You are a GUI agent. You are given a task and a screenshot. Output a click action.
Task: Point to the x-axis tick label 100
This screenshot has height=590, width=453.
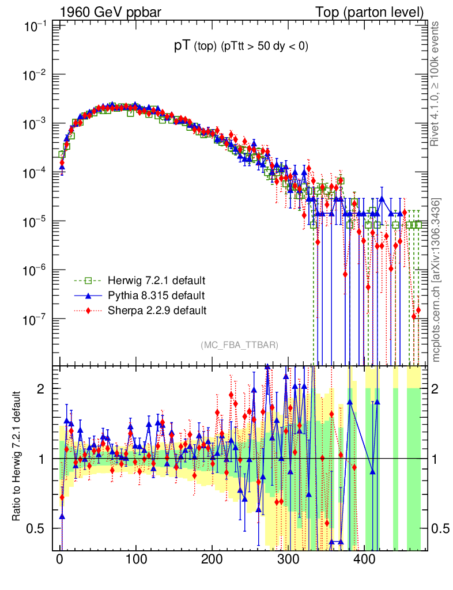click(x=135, y=559)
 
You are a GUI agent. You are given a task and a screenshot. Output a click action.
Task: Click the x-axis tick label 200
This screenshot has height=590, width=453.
click(x=212, y=559)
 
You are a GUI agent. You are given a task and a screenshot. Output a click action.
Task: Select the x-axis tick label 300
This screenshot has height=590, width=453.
click(x=288, y=559)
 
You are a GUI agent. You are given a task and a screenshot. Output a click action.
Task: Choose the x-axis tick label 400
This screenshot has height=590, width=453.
click(x=364, y=559)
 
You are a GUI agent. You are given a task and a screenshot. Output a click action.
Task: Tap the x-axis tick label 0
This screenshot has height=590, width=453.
click(x=60, y=559)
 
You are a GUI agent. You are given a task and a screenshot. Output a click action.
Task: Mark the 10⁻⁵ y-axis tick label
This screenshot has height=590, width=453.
click(x=36, y=222)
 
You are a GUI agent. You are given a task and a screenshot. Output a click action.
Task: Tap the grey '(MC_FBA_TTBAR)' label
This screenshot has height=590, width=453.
click(x=240, y=345)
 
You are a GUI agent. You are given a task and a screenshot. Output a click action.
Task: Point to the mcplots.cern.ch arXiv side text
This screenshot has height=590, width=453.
click(x=436, y=279)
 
